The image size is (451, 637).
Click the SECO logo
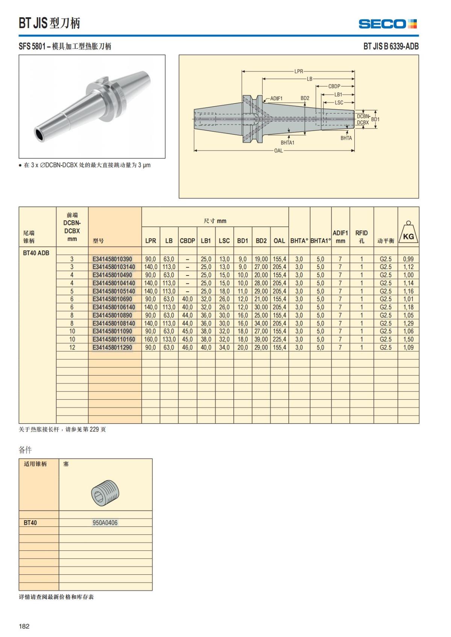(387, 24)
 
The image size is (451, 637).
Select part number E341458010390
(112, 259)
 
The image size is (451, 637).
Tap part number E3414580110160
(114, 339)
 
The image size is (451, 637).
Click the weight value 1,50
(408, 339)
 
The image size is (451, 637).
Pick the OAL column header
(279, 241)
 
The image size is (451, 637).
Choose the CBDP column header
(188, 241)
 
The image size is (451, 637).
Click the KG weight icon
(408, 232)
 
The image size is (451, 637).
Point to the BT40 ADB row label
(36, 253)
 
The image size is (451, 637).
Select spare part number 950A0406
(105, 523)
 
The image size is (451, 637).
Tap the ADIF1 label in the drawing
(276, 98)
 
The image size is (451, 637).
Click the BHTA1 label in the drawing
(288, 143)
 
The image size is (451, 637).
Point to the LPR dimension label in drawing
(298, 71)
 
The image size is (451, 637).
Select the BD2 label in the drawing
(305, 98)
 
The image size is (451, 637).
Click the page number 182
(24, 626)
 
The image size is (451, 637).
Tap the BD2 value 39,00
(261, 339)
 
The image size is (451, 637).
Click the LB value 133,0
(169, 339)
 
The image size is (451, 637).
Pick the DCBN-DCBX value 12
(72, 348)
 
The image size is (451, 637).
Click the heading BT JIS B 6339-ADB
(391, 47)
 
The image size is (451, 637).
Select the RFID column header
(362, 236)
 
